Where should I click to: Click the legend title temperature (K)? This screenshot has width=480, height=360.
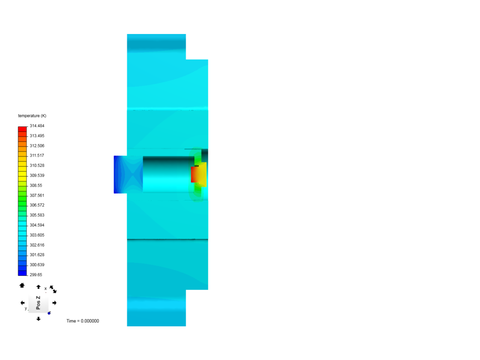pyautogui.click(x=32, y=116)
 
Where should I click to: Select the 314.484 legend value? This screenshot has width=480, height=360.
pyautogui.click(x=37, y=126)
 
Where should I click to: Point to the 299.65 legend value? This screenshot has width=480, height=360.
pyautogui.click(x=36, y=275)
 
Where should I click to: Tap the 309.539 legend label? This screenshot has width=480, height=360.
pyautogui.click(x=37, y=175)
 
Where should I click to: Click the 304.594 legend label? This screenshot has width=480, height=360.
pyautogui.click(x=37, y=225)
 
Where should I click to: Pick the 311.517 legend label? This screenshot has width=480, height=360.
pyautogui.click(x=37, y=155)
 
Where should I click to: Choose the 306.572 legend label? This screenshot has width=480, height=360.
pyautogui.click(x=37, y=205)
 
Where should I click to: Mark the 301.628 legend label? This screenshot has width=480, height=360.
pyautogui.click(x=37, y=255)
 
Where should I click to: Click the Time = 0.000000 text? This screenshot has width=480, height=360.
pyautogui.click(x=83, y=321)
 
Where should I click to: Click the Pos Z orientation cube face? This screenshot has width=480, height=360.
pyautogui.click(x=38, y=303)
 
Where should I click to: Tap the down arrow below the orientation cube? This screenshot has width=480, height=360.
pyautogui.click(x=38, y=319)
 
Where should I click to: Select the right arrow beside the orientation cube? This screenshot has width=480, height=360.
pyautogui.click(x=54, y=303)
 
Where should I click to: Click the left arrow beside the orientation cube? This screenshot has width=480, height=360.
pyautogui.click(x=22, y=303)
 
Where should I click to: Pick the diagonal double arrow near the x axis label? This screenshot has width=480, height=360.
pyautogui.click(x=53, y=289)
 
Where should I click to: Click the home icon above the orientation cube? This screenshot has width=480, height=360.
pyautogui.click(x=22, y=285)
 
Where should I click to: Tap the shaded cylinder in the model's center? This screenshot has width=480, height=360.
pyautogui.click(x=167, y=174)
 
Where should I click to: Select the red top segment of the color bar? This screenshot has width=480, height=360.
pyautogui.click(x=22, y=129)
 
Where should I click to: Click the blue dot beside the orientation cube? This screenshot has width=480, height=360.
pyautogui.click(x=49, y=313)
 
